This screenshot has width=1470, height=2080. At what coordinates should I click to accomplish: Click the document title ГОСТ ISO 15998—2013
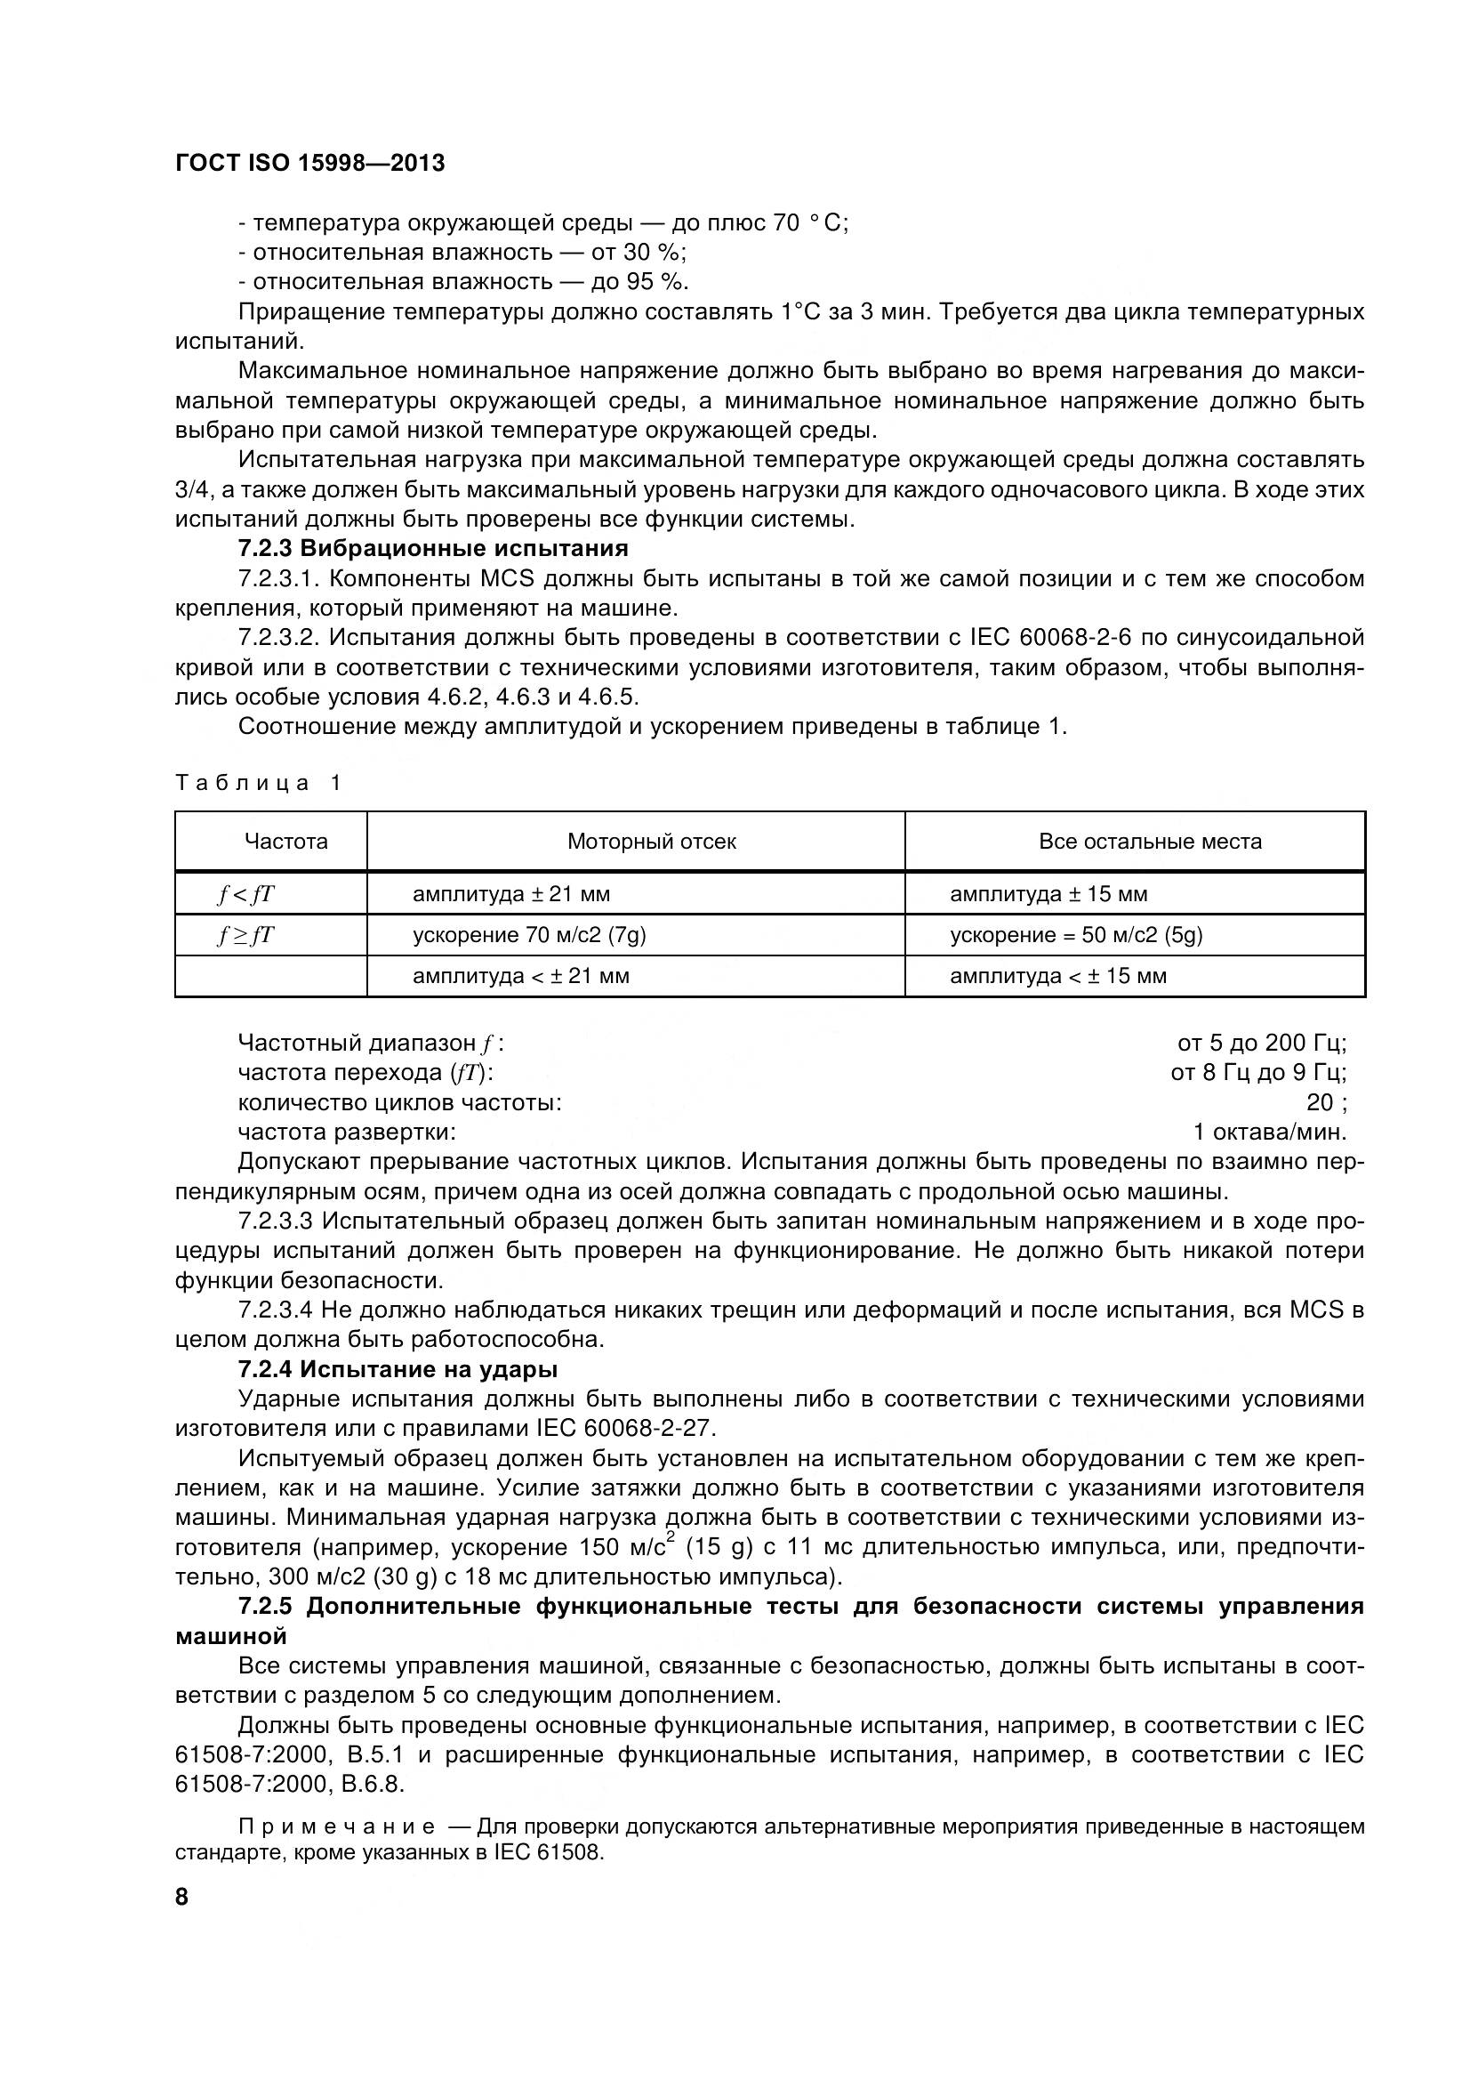pos(309,164)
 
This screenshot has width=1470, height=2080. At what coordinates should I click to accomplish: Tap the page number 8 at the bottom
pos(182,1896)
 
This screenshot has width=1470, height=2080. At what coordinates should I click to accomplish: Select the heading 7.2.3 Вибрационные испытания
pos(433,548)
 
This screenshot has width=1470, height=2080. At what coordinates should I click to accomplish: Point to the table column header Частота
pos(285,842)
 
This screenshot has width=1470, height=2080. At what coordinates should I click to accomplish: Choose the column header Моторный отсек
pos(651,842)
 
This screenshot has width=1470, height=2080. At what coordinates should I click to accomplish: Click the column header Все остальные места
pos(1149,842)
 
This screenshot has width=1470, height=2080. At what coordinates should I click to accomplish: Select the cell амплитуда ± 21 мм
pos(510,894)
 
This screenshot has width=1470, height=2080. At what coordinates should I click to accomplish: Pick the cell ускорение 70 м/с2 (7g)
pos(529,935)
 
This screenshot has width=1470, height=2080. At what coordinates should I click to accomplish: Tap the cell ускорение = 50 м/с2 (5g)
pos(1076,935)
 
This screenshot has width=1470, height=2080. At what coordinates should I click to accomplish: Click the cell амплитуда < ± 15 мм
pos(1058,976)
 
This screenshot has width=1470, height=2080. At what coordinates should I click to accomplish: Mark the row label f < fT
pos(245,894)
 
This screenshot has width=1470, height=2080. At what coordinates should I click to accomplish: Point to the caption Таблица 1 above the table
pos(258,783)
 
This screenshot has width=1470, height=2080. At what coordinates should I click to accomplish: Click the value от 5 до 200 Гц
pos(1261,1044)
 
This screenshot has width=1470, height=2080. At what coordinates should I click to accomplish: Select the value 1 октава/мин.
pos(1270,1132)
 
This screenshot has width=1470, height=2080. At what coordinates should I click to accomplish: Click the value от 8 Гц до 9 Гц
pos(1257,1073)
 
